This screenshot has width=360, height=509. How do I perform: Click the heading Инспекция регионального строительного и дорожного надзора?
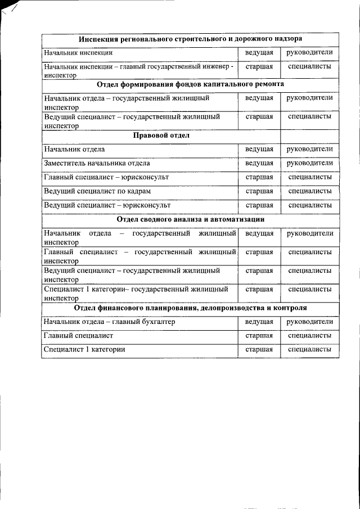[190, 39]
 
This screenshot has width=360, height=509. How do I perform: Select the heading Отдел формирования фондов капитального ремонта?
[190, 84]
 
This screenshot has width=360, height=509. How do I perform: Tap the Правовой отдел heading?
[161, 136]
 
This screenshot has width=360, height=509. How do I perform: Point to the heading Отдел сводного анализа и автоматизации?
[190, 219]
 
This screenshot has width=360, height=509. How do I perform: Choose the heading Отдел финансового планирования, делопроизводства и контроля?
[190, 309]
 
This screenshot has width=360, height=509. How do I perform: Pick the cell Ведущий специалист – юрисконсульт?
[107, 205]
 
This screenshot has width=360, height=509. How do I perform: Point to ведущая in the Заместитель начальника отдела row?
[259, 163]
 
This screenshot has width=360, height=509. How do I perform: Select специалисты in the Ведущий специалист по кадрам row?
[309, 191]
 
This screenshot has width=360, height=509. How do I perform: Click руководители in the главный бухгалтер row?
[309, 322]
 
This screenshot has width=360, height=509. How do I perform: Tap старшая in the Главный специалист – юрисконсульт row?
[259, 177]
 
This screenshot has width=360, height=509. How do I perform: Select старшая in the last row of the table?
[259, 350]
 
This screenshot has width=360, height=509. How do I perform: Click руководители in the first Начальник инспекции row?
[309, 52]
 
